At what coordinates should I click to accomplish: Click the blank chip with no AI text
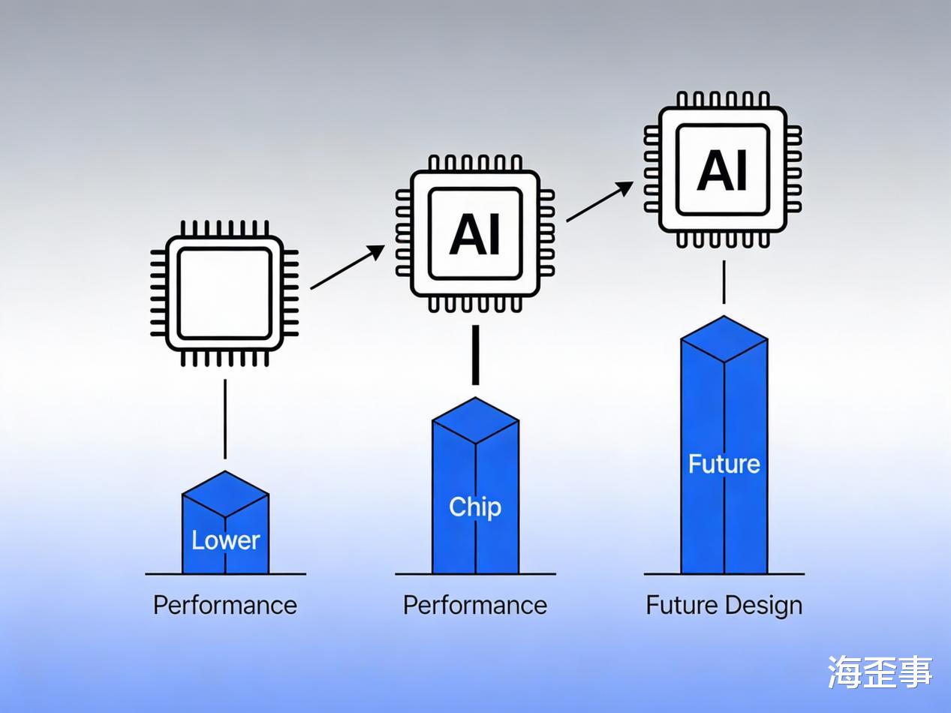pyautogui.click(x=224, y=293)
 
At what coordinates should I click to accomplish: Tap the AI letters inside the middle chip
pyautogui.click(x=474, y=233)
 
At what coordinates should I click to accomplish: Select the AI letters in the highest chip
pyautogui.click(x=723, y=170)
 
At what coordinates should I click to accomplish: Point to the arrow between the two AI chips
pyautogui.click(x=599, y=201)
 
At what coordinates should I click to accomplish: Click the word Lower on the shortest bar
pyautogui.click(x=225, y=540)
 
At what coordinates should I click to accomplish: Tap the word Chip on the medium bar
pyautogui.click(x=474, y=507)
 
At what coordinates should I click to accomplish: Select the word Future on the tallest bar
pyautogui.click(x=724, y=464)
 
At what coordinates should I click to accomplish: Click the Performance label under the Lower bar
pyautogui.click(x=225, y=605)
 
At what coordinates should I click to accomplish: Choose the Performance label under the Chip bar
pyautogui.click(x=474, y=605)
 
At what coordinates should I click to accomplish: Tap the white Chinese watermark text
pyautogui.click(x=880, y=672)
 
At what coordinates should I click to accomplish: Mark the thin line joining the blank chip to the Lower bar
pyautogui.click(x=224, y=419)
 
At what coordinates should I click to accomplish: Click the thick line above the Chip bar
pyautogui.click(x=474, y=354)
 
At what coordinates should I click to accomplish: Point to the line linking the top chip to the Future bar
pyautogui.click(x=724, y=281)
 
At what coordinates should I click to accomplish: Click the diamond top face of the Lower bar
pyautogui.click(x=225, y=493)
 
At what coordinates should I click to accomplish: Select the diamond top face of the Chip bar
pyautogui.click(x=475, y=420)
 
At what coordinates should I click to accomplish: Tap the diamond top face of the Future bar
pyautogui.click(x=724, y=338)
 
